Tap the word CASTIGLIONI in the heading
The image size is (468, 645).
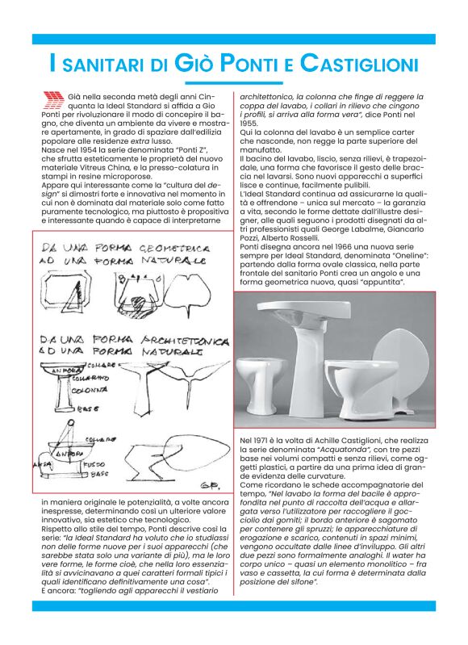[x=360, y=63]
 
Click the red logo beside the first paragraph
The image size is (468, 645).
[x=52, y=99]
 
